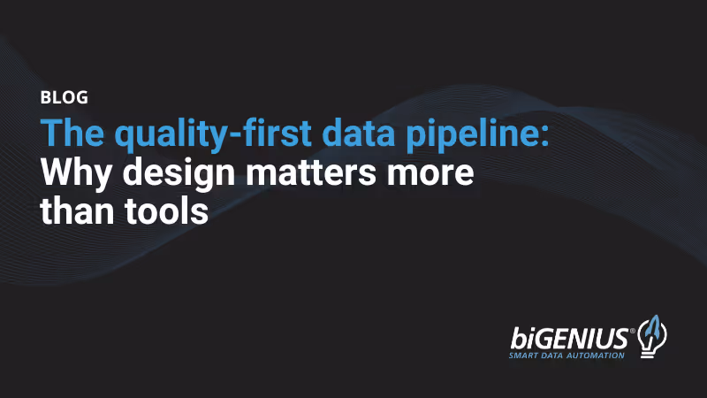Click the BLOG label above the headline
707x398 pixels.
64,98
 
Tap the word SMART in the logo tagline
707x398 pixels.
528,356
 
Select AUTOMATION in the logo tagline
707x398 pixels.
602,356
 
